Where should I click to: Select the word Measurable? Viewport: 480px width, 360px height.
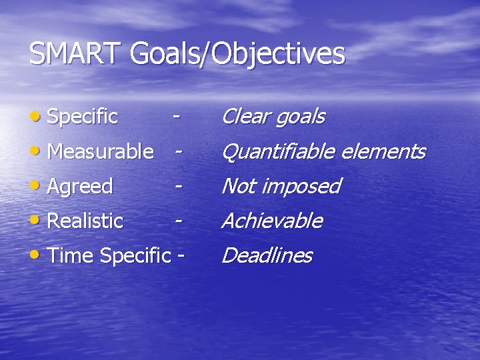101,152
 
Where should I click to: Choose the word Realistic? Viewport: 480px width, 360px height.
86,221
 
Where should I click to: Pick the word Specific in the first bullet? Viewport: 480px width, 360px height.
83,117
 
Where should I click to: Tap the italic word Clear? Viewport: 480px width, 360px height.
243,117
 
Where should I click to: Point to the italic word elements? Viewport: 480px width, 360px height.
382,152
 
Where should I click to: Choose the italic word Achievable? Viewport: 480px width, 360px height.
271,221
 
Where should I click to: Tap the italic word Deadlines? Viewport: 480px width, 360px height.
266,255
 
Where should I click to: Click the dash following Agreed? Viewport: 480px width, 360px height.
178,187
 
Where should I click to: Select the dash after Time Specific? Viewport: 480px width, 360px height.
179,256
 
